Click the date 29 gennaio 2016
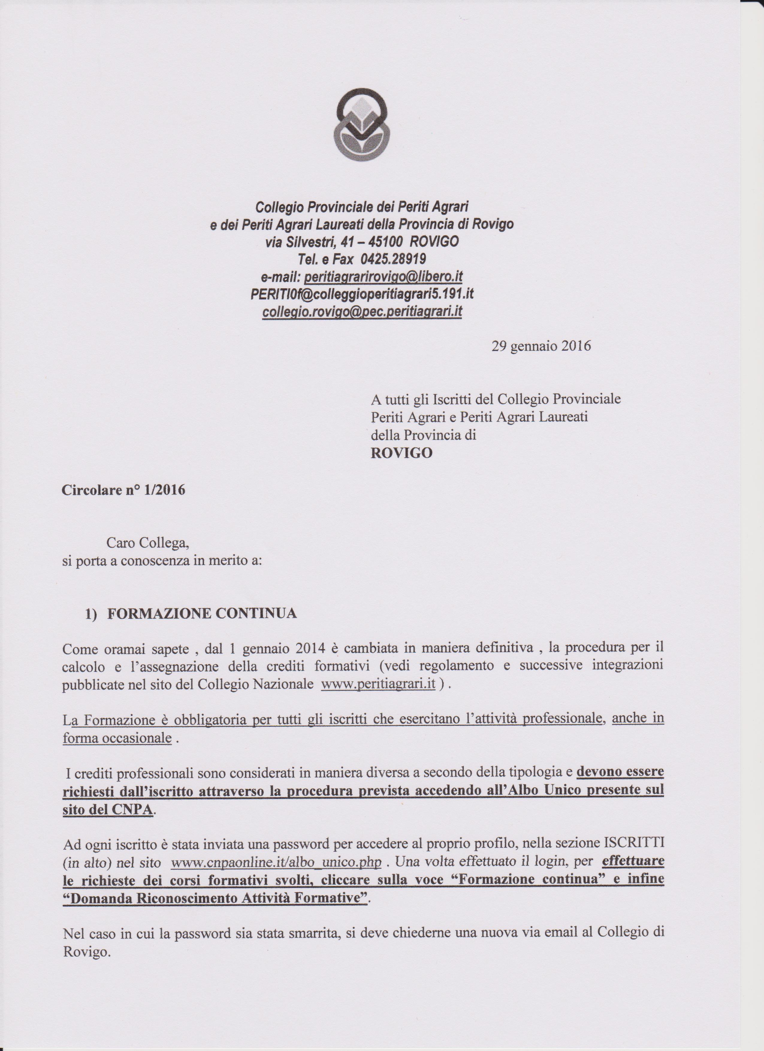541,346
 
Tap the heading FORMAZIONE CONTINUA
202,613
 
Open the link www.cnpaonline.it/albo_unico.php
276,862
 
